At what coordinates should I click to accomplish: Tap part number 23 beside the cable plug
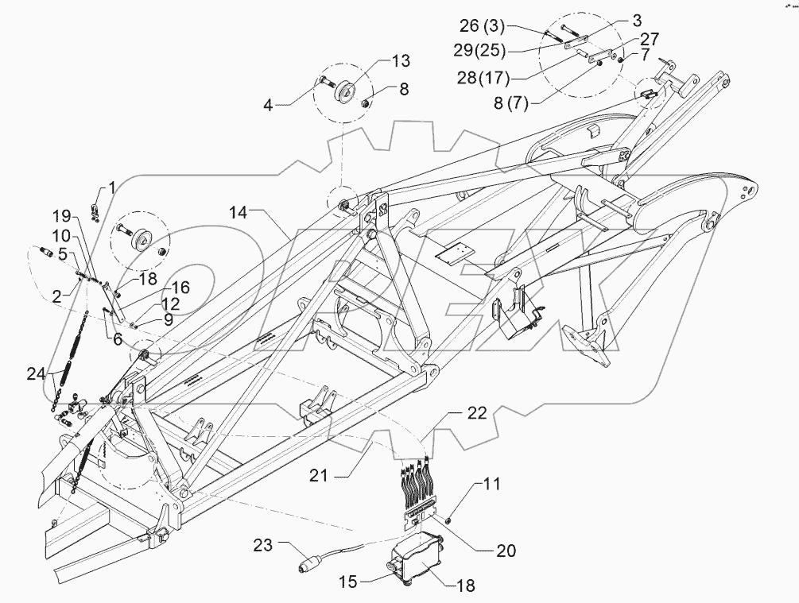pos(263,545)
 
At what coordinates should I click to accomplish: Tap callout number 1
pos(112,187)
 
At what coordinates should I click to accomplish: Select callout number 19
pos(62,215)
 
